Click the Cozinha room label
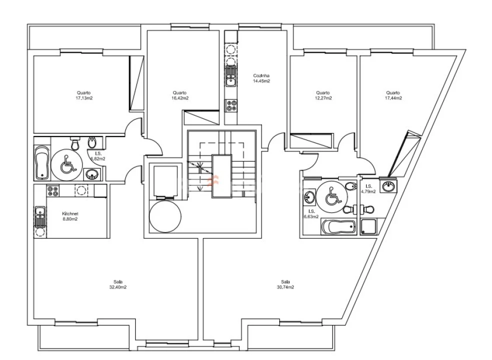pyautogui.click(x=261, y=75)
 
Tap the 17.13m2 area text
pyautogui.click(x=84, y=98)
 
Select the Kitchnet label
pyautogui.click(x=70, y=213)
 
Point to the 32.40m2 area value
pyautogui.click(x=118, y=287)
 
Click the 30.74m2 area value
pyautogui.click(x=285, y=287)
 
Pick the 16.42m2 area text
pyautogui.click(x=180, y=98)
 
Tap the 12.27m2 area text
pyautogui.click(x=323, y=98)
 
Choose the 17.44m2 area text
pyautogui.click(x=393, y=98)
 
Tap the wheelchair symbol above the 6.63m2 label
pyautogui.click(x=333, y=195)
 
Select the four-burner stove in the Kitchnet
pyautogui.click(x=53, y=191)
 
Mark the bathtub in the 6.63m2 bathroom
pyautogui.click(x=339, y=227)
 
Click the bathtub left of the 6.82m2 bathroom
pyautogui.click(x=42, y=162)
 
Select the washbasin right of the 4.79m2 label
pyautogui.click(x=389, y=186)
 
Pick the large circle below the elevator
pyautogui.click(x=165, y=216)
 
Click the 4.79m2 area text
pyautogui.click(x=368, y=191)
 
